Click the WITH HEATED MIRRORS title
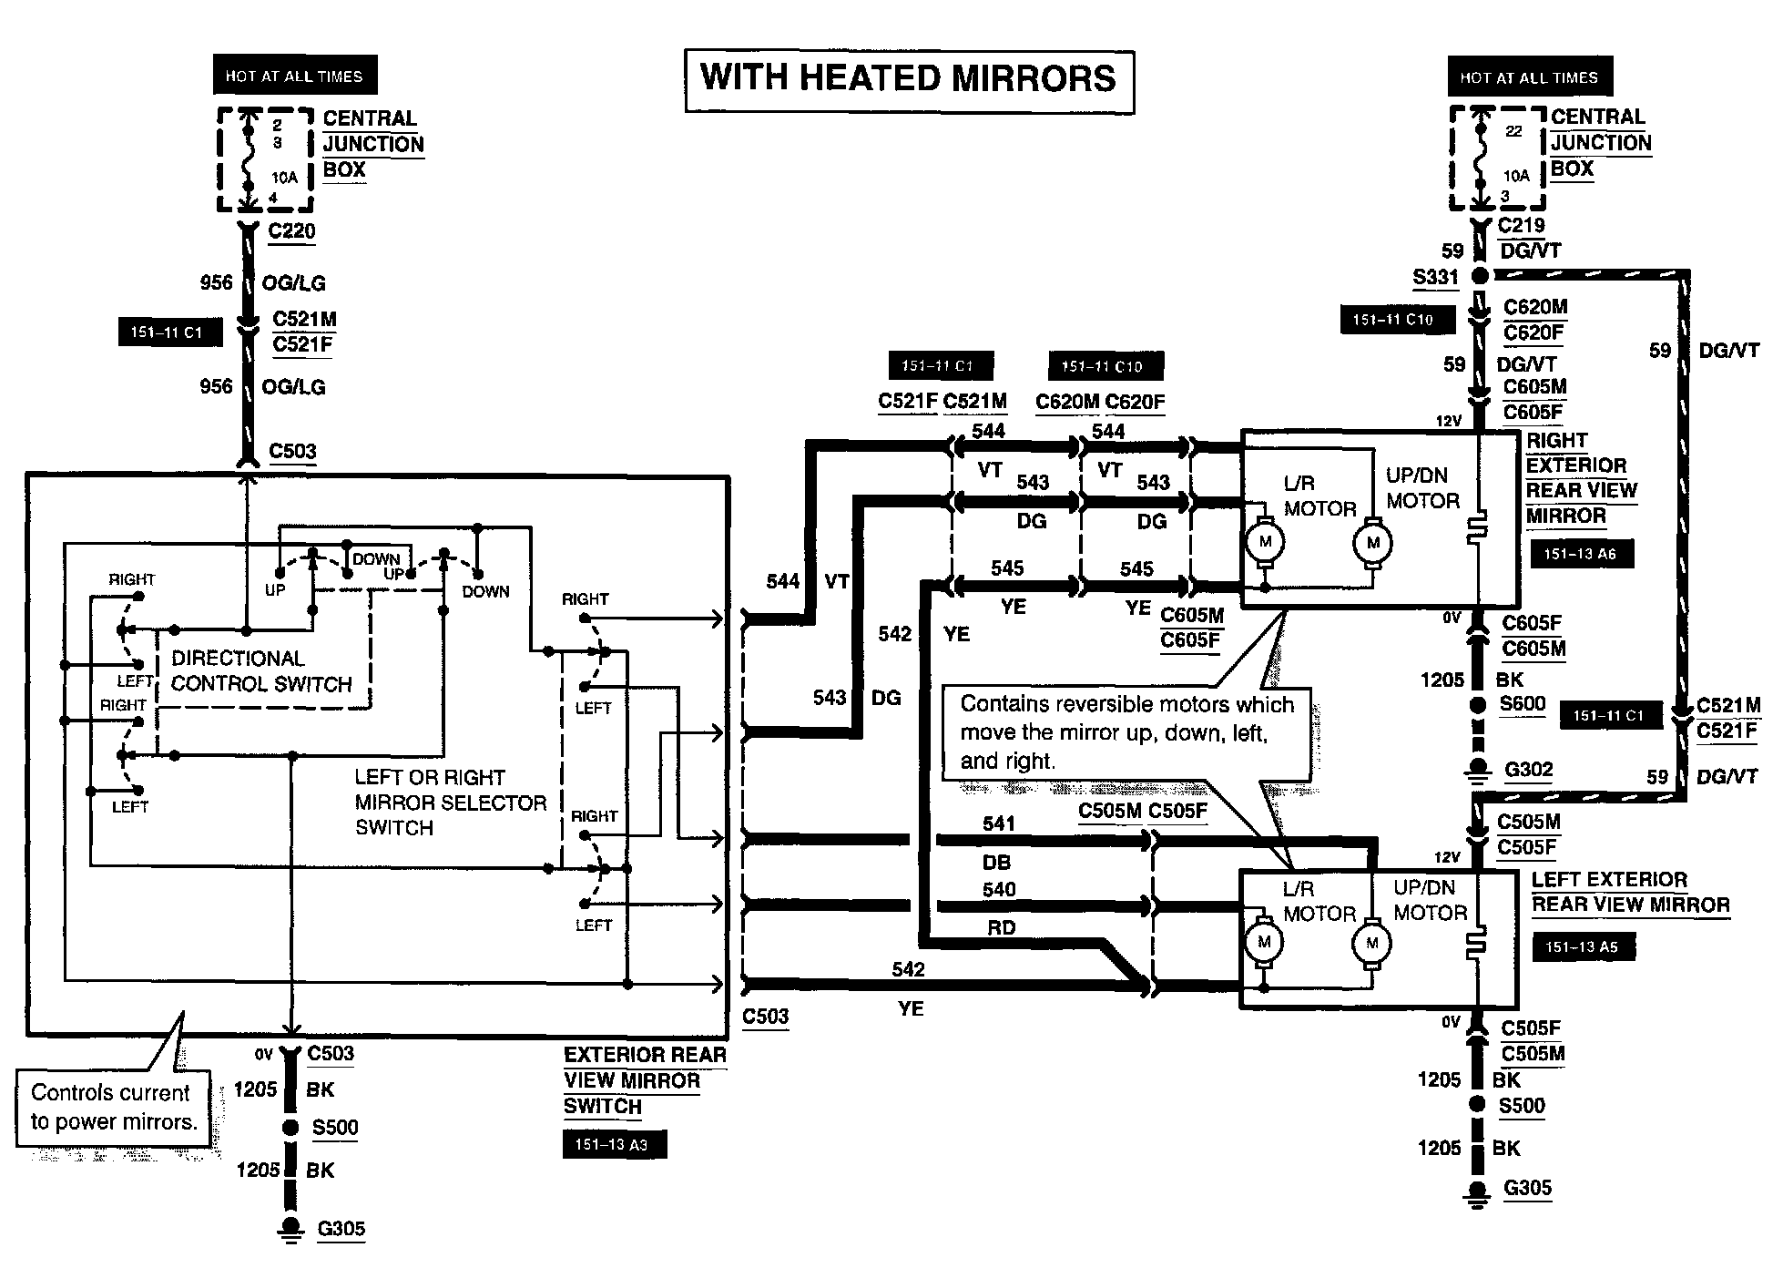[909, 79]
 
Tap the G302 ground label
[1528, 770]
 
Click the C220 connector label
[291, 230]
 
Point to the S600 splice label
[1523, 704]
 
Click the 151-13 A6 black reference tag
[1581, 553]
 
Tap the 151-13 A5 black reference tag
[1582, 947]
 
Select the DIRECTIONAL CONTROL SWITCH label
[261, 671]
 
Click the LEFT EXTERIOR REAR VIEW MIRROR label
[1629, 893]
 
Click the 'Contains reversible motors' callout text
[1126, 732]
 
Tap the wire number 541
[998, 823]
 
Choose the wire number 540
[998, 889]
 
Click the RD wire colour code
[1001, 928]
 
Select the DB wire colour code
[996, 862]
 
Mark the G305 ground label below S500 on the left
[341, 1229]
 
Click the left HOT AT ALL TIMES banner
[294, 77]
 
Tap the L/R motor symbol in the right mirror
[1264, 543]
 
